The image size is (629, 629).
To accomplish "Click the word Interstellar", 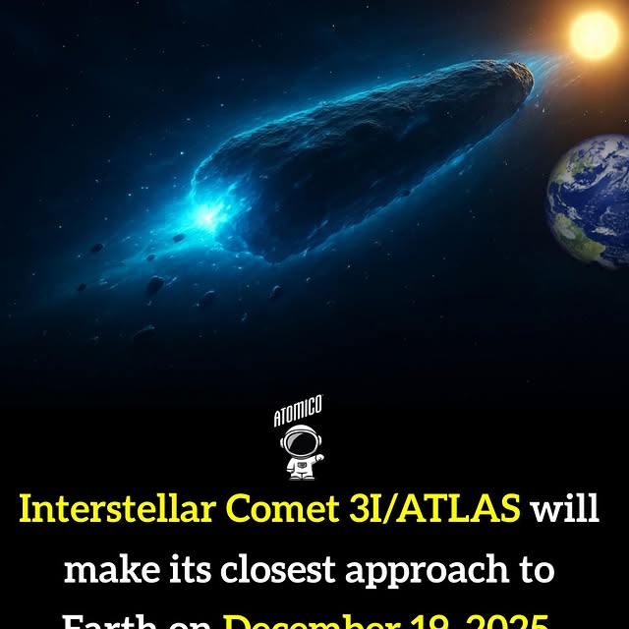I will (119, 510).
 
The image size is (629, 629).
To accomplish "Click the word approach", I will (445, 569).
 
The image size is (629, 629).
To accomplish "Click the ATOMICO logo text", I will (298, 412).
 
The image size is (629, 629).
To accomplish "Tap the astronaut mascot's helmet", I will (299, 443).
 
